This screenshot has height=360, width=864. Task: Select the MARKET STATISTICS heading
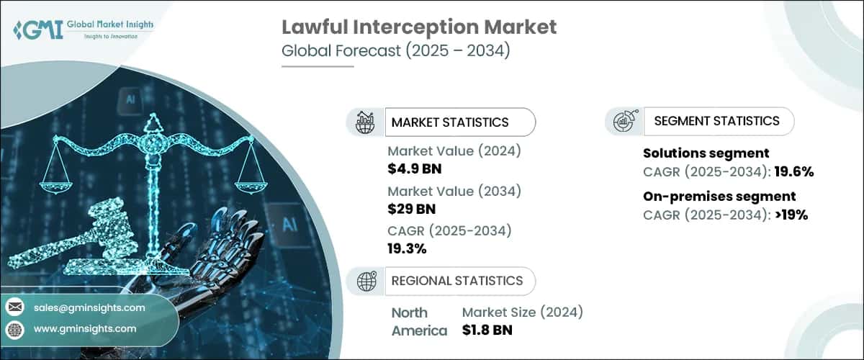450,122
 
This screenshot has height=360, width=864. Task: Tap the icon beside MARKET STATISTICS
365,122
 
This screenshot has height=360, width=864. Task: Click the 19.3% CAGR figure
407,248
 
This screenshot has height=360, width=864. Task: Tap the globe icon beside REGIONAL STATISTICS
365,281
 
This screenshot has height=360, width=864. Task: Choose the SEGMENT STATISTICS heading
716,121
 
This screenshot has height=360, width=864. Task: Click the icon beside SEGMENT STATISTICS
624,122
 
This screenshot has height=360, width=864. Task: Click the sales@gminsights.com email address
89,307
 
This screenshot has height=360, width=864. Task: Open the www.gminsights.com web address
84,329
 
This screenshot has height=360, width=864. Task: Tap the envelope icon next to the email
14,307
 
